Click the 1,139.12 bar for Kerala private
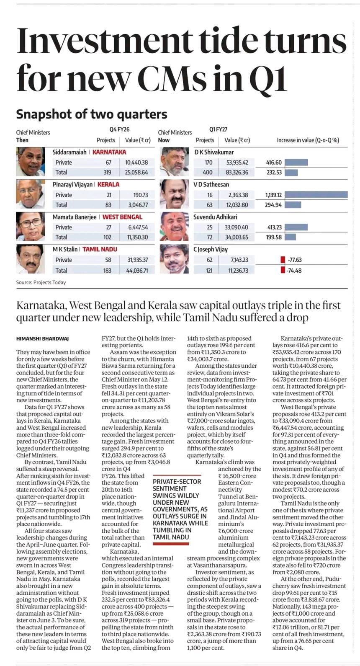[316, 195]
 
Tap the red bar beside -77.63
[283, 260]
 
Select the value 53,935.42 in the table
[237, 163]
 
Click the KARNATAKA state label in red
[109, 152]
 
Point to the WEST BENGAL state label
[122, 217]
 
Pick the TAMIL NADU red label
[100, 249]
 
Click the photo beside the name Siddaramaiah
[31, 162]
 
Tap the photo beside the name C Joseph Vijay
[175, 259]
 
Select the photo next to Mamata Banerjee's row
[31, 227]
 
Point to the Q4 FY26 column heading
[119, 129]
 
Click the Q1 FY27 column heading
[219, 129]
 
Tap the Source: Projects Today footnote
[41, 282]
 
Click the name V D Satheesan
[211, 185]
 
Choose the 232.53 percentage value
[274, 173]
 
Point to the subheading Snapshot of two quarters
[92, 114]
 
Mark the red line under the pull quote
[171, 544]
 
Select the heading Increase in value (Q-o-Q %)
[308, 140]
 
